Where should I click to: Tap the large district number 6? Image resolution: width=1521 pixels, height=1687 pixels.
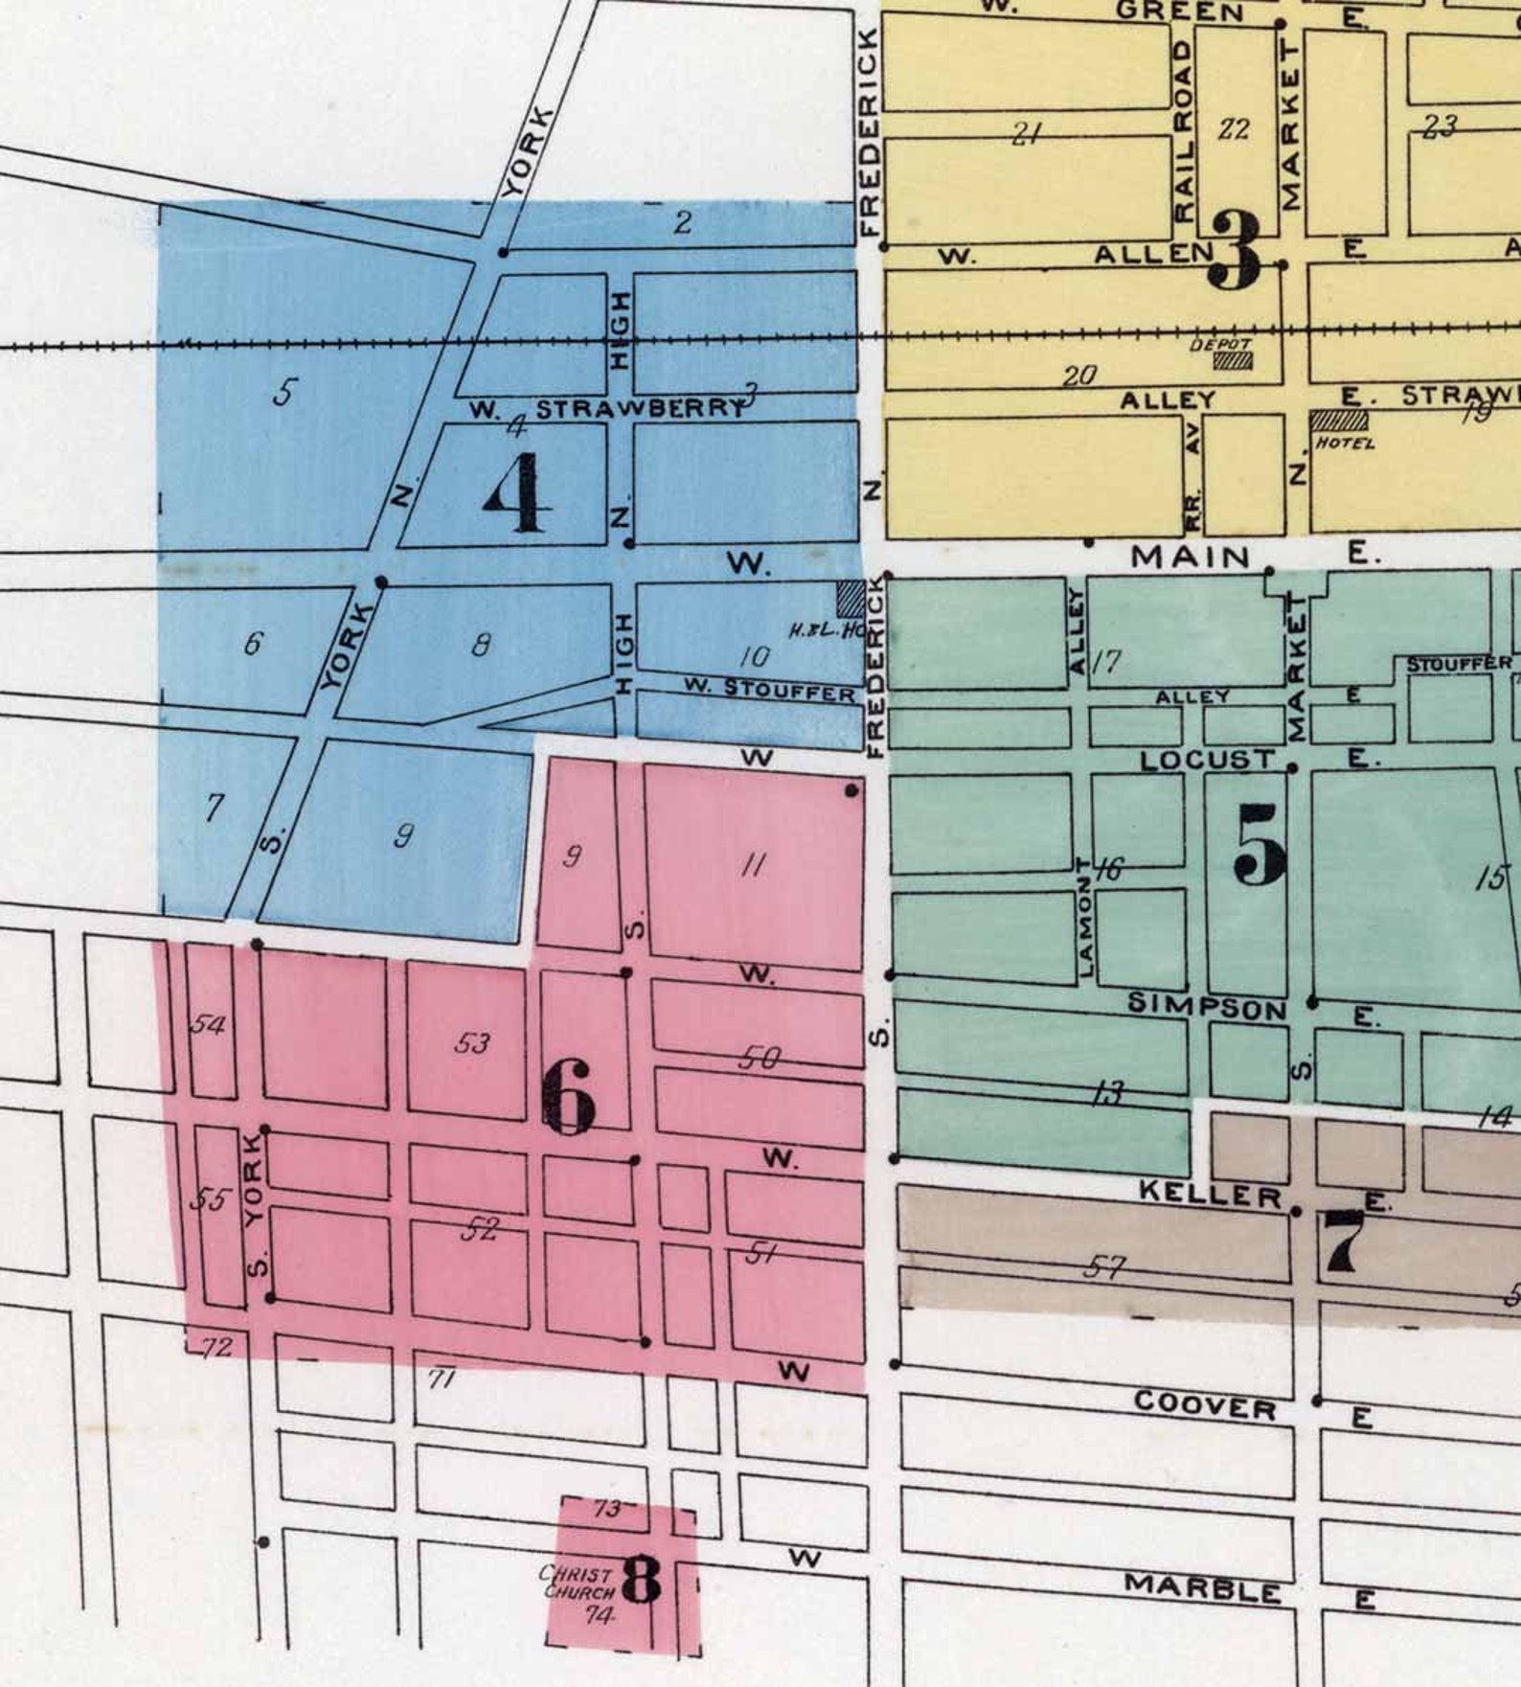coord(569,1100)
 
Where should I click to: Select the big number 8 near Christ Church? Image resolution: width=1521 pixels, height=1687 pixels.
coord(641,1580)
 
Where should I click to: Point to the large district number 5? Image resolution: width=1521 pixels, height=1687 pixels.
coord(1260,844)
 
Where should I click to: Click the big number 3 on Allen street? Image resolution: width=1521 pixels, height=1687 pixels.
coord(1236,252)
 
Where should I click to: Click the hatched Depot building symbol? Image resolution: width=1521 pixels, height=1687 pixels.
coord(1233,361)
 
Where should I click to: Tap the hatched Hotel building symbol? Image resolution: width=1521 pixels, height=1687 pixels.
coord(1339,421)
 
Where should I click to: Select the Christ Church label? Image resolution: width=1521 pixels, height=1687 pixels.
coord(577,1583)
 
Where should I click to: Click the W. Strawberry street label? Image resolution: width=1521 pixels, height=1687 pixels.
coord(607,410)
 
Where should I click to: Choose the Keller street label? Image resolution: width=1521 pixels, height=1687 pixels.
coord(1209,1195)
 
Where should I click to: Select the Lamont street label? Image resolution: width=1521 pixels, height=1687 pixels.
coord(1085,917)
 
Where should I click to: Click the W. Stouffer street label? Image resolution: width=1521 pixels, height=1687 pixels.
coord(769,690)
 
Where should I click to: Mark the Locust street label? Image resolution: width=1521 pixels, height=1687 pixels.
coord(1208,761)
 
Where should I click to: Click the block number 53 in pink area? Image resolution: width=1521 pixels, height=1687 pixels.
coord(471,1042)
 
